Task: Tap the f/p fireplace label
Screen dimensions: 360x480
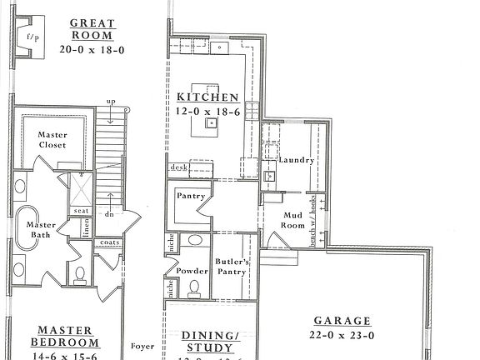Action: pyautogui.click(x=32, y=38)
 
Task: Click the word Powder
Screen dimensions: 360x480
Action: pyautogui.click(x=192, y=271)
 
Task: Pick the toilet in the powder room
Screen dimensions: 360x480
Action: pyautogui.click(x=193, y=289)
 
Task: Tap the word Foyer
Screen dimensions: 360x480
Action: pyautogui.click(x=142, y=344)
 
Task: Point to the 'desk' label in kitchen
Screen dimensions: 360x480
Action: pyautogui.click(x=177, y=167)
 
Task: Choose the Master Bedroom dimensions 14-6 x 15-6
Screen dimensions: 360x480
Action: pyautogui.click(x=65, y=356)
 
